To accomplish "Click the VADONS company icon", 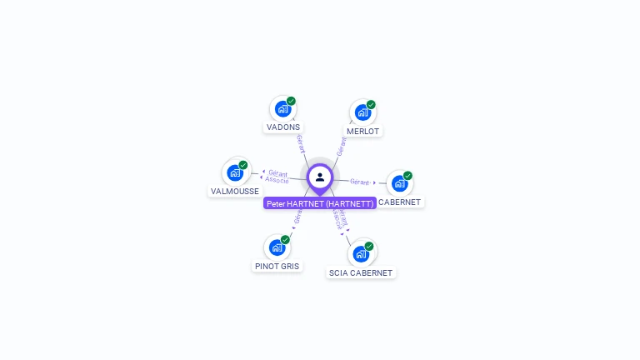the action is click(282, 108).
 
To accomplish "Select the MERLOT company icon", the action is click(362, 112).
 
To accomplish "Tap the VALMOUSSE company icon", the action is click(235, 172).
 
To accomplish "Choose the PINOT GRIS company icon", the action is click(277, 247).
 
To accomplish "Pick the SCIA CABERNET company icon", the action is click(361, 253).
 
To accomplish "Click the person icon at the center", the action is click(320, 177).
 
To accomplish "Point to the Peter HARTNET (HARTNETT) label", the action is click(320, 203).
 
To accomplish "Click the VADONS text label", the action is click(283, 127).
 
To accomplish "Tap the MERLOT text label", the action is click(362, 132).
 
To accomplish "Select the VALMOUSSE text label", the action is click(234, 192).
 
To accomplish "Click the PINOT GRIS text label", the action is click(277, 267).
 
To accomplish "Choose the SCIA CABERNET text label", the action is click(361, 272).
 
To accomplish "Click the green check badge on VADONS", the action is click(291, 101).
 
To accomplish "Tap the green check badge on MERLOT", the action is click(371, 104).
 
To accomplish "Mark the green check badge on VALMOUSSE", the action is click(243, 165).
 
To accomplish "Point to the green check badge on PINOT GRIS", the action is click(285, 240).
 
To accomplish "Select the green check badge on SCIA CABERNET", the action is click(369, 246).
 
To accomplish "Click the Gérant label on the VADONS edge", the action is click(300, 142).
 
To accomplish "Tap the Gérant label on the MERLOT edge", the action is click(341, 147).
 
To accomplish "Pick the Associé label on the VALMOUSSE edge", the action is click(277, 180).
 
